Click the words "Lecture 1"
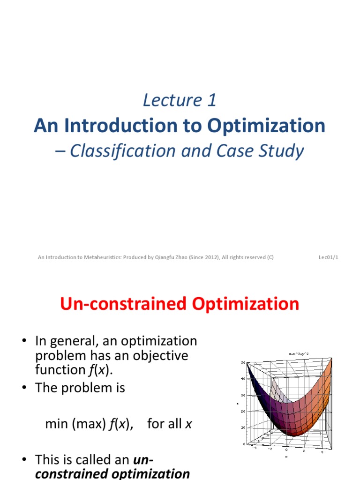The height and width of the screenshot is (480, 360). tap(180, 100)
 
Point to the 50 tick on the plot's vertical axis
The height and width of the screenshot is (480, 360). tap(243, 362)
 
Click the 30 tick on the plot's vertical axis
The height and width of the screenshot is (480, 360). tap(243, 395)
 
